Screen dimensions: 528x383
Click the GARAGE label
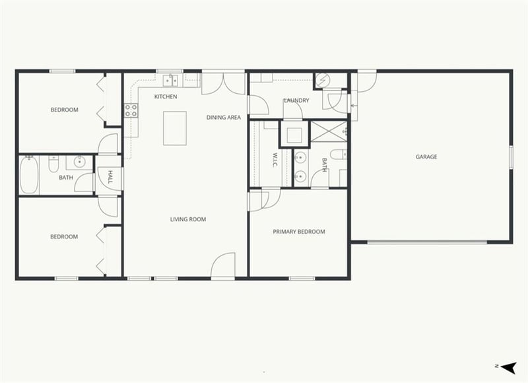click(426, 157)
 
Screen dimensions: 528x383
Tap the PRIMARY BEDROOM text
click(299, 232)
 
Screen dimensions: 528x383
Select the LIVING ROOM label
click(188, 219)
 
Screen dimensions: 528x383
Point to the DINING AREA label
click(224, 118)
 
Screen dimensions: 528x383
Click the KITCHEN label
click(166, 96)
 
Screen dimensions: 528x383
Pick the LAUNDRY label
click(296, 100)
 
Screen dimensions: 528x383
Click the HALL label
click(110, 177)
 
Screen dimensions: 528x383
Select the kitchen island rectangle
click(175, 128)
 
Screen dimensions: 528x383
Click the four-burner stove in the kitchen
click(131, 110)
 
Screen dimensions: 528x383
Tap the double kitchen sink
click(171, 81)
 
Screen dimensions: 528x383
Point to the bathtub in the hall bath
click(29, 175)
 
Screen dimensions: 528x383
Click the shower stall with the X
click(328, 132)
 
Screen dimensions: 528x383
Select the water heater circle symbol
click(323, 81)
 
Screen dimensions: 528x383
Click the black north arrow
click(509, 367)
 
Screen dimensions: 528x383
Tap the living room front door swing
click(222, 265)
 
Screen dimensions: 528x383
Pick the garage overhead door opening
click(427, 242)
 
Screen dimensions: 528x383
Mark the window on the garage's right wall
click(511, 157)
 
